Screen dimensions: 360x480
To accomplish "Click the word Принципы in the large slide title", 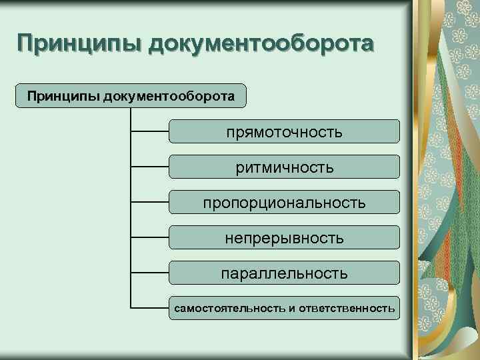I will tap(79, 45).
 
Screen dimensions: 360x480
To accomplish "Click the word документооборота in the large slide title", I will tap(261, 45).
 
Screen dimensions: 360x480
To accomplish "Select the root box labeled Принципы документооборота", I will tap(131, 96).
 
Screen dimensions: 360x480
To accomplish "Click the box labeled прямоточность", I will tap(284, 131).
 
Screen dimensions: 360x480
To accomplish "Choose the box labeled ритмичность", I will tap(284, 167).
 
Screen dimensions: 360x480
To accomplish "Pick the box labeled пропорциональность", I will tap(284, 202).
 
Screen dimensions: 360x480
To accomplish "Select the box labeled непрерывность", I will tap(284, 237).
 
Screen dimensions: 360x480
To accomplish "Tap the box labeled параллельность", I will tap(284, 273).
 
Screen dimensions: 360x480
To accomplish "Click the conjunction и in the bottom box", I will tap(291, 308).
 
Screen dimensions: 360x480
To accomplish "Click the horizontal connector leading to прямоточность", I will tap(149, 131).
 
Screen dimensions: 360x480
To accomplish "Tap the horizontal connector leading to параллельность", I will tap(149, 273).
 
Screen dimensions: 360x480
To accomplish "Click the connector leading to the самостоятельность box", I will tap(149, 308).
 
